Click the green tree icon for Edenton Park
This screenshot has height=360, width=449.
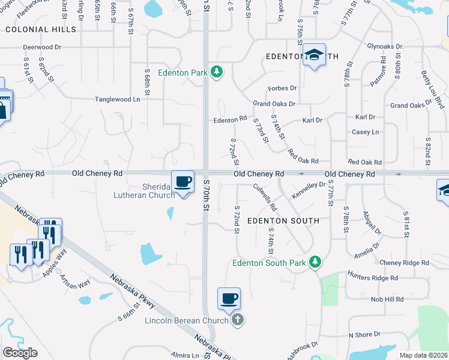tap(217, 73)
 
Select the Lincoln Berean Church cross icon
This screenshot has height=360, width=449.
tap(238, 320)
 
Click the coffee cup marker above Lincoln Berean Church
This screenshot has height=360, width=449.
tap(229, 299)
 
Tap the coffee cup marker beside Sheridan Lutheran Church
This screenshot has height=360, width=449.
tap(183, 182)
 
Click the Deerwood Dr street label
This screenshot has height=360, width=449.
tap(42, 46)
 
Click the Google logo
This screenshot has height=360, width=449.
tap(20, 353)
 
